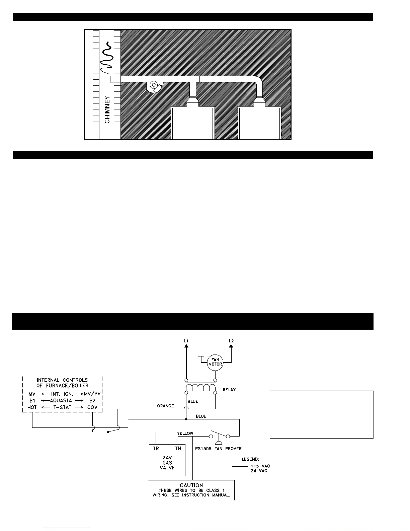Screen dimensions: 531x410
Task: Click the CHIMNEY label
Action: pos(107,110)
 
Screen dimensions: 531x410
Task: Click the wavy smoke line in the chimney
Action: pos(107,58)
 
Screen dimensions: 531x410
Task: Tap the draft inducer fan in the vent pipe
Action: pos(154,86)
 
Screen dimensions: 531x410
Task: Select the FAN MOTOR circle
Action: pos(215,362)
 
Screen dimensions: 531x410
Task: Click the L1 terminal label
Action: pos(186,341)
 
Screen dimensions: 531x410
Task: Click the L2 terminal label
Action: pos(231,341)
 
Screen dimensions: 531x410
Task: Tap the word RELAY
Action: pos(229,390)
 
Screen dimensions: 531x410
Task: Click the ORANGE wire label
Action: pos(165,406)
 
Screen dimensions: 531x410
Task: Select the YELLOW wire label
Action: pos(185,433)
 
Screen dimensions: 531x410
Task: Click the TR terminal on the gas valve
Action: pos(156,449)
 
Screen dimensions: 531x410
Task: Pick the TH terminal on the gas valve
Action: pos(178,449)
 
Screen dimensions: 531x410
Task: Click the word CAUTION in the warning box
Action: pos(191,485)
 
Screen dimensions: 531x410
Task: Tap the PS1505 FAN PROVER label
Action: pos(218,449)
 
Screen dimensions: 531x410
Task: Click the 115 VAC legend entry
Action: pos(260,466)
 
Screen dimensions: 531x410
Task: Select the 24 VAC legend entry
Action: pos(259,471)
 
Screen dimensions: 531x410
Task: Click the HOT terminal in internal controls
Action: pos(32,407)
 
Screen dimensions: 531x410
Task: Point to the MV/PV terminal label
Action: pos(92,394)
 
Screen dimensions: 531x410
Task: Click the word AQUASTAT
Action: pos(62,401)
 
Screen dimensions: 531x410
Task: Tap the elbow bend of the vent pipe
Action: pos(258,80)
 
